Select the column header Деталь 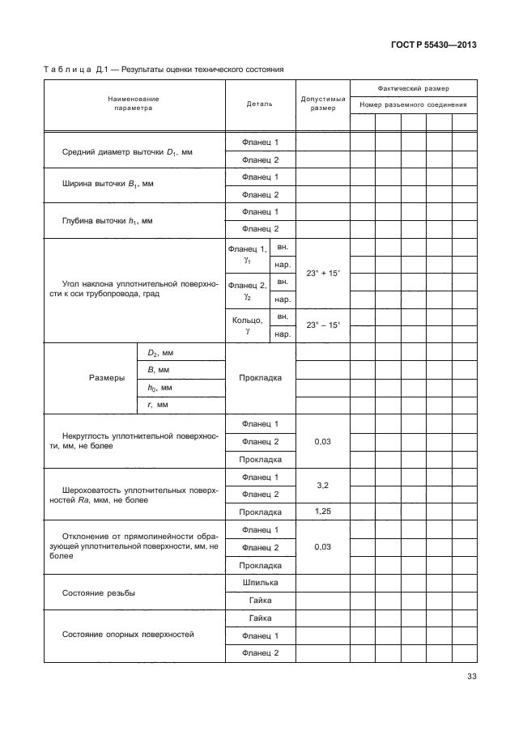point(260,104)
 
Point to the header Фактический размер point(413,87)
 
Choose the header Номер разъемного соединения point(413,105)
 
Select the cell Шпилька point(260,583)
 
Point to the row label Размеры point(106,378)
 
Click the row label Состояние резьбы point(98,592)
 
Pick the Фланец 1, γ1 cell point(247,255)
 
